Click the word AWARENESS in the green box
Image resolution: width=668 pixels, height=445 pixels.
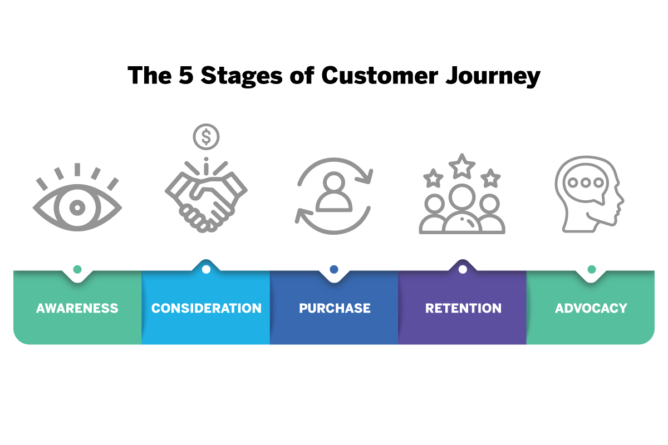tap(77, 308)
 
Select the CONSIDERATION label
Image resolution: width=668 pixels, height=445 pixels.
tap(206, 308)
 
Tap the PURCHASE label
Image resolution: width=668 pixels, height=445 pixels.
tap(335, 308)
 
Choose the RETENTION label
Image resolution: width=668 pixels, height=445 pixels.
tap(463, 308)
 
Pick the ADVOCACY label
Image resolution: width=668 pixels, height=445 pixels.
tap(591, 308)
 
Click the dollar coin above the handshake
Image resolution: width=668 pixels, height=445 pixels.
tap(206, 136)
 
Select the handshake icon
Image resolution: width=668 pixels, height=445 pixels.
tap(206, 195)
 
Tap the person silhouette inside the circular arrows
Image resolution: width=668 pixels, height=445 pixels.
tap(334, 192)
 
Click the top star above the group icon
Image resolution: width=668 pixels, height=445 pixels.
tap(462, 166)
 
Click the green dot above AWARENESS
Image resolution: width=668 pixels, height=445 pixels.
tap(77, 269)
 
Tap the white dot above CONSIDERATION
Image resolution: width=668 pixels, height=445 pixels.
tap(206, 269)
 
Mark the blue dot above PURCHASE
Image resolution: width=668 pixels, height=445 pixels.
tap(334, 269)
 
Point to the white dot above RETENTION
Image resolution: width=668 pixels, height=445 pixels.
tap(463, 269)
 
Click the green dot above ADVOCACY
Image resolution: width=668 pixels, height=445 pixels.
tap(591, 269)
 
